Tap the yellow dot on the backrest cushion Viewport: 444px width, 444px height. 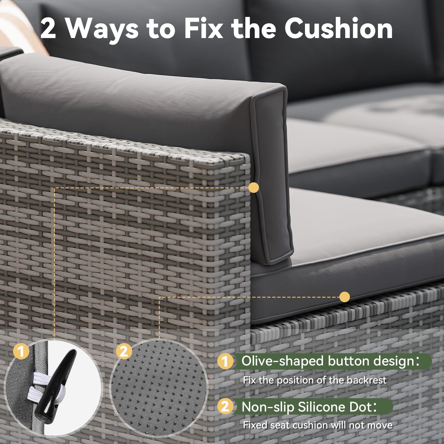[254, 188]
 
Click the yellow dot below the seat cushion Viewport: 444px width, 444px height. [345, 297]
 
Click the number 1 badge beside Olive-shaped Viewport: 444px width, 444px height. [225, 361]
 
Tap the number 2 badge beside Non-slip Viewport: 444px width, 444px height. [225, 407]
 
